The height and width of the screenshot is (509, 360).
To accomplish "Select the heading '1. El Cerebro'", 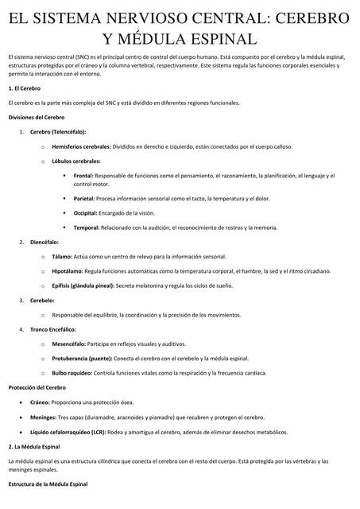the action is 25,89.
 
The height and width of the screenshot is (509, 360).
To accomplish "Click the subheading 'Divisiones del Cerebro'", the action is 37,117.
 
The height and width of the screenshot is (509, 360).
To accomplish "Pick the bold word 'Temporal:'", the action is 86,227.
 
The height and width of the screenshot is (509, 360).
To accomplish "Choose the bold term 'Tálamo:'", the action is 61,257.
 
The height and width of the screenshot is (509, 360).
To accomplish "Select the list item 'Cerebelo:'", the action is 42,300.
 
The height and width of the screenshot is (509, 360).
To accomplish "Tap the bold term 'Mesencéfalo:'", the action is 69,344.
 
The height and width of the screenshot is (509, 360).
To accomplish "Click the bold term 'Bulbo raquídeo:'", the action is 72,372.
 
